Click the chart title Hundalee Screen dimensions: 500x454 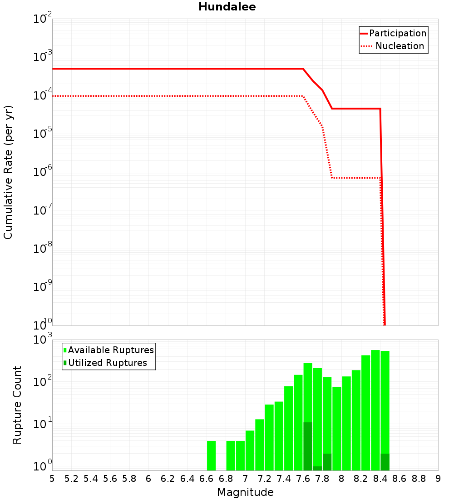click(x=227, y=7)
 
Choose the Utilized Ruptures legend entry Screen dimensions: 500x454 click(x=107, y=363)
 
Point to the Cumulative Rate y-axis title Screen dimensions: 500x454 click(x=8, y=172)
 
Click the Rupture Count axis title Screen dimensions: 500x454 click(x=17, y=405)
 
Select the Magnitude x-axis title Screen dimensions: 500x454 click(x=245, y=492)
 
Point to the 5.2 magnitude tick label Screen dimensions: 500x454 click(x=72, y=479)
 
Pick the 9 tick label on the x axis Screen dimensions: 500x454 click(x=438, y=479)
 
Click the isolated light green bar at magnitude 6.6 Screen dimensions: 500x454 click(x=211, y=455)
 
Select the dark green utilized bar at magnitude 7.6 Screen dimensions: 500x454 click(x=308, y=446)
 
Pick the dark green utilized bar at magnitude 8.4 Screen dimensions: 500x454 click(x=385, y=462)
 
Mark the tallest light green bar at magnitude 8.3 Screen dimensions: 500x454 click(x=375, y=409)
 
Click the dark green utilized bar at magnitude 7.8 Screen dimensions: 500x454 click(x=327, y=462)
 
